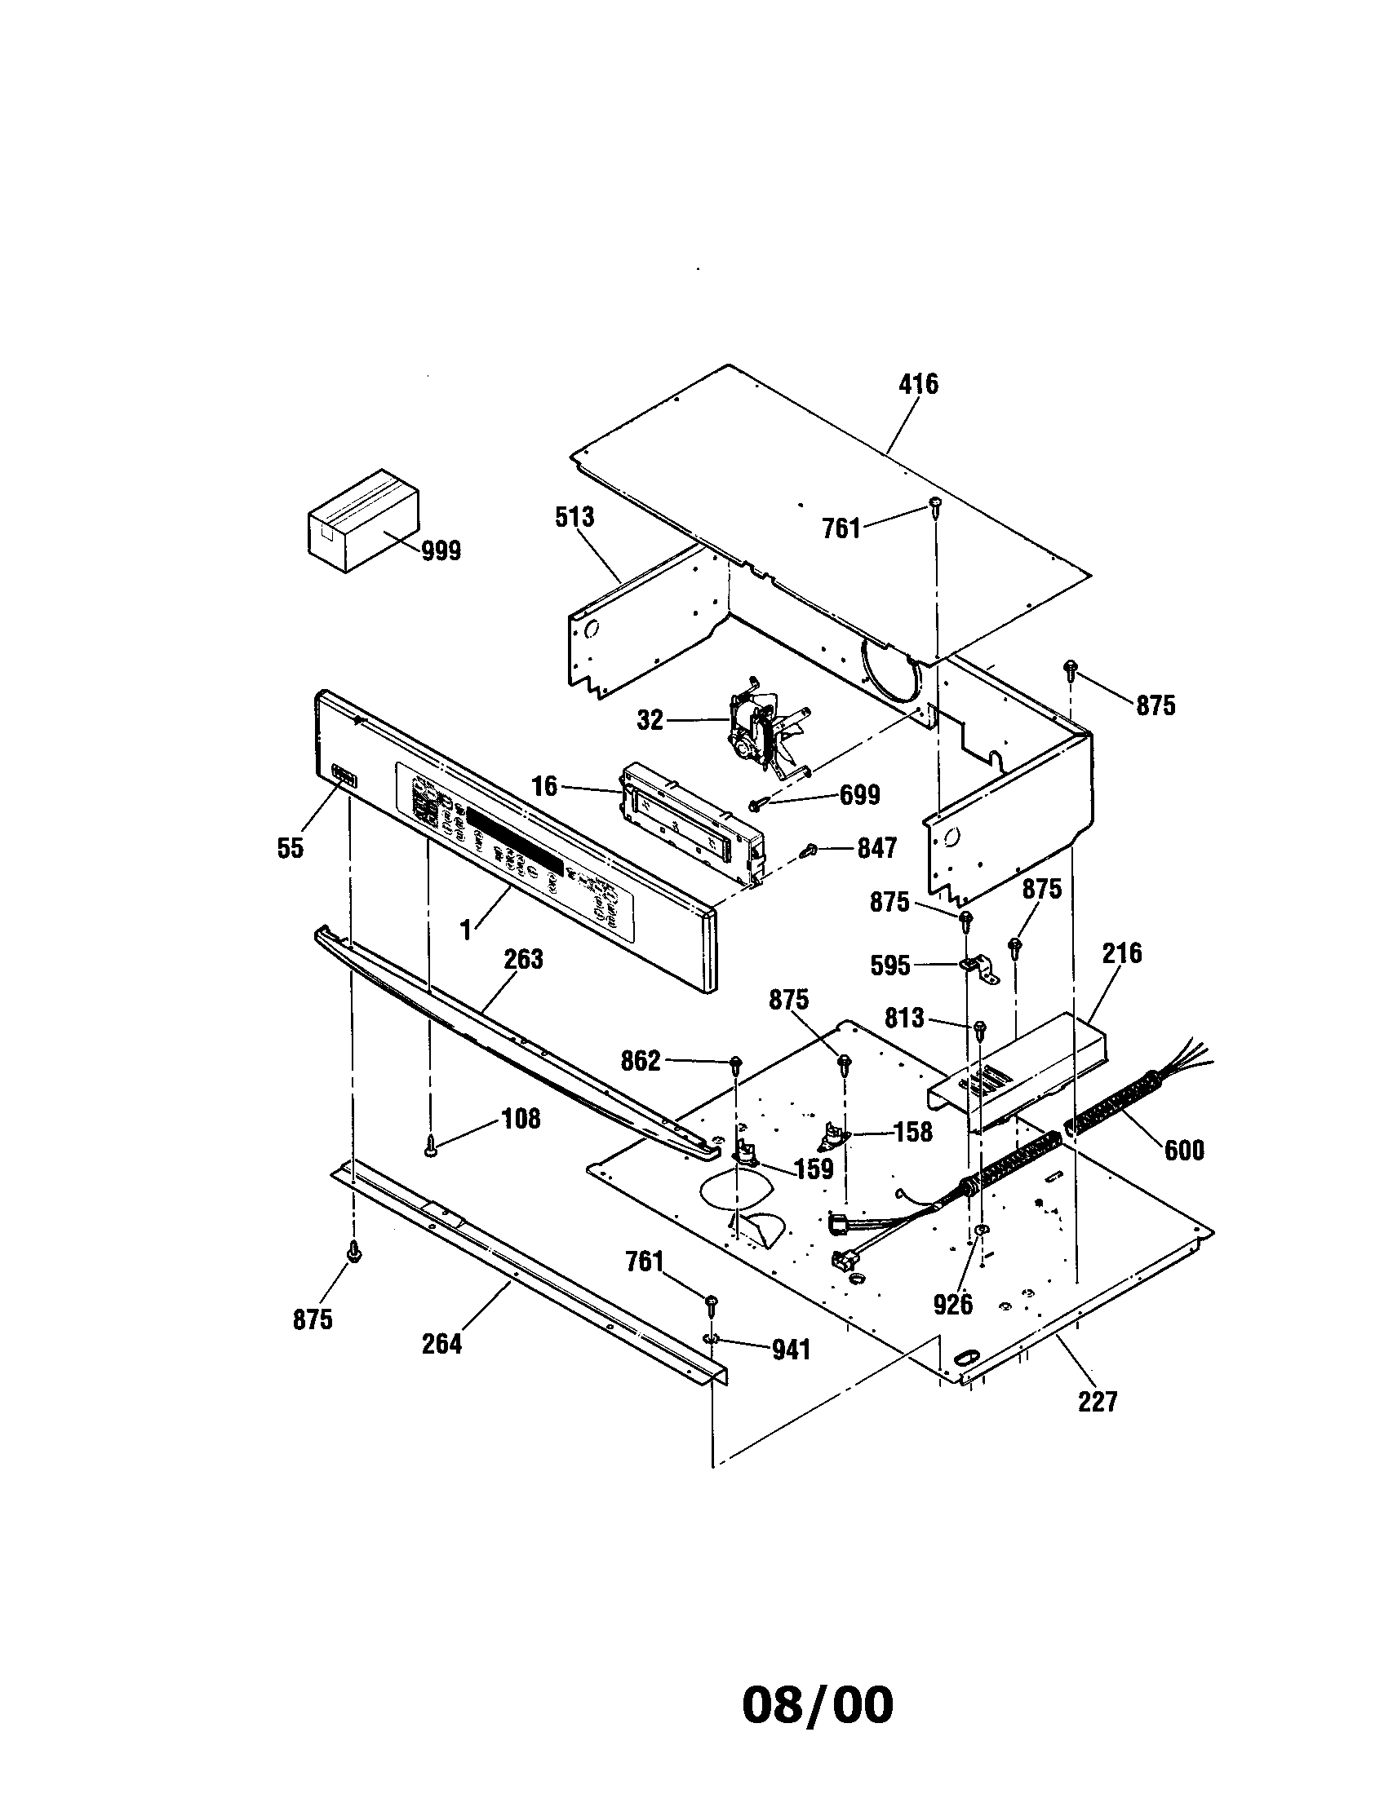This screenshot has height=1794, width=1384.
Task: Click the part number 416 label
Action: (x=918, y=383)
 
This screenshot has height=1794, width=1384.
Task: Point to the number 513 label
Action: (x=574, y=518)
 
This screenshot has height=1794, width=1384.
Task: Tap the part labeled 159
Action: (x=749, y=1151)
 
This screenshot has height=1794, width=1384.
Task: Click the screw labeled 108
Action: (x=430, y=1153)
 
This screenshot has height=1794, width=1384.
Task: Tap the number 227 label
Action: (x=1098, y=1400)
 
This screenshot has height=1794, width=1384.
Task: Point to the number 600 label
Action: (x=1183, y=1150)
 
